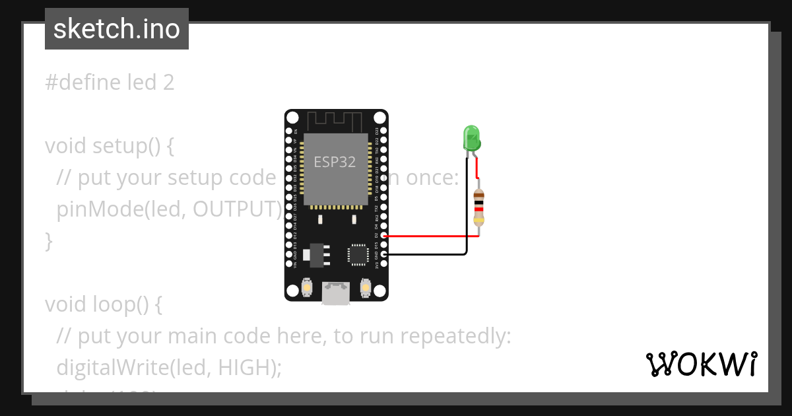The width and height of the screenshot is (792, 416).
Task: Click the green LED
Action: click(x=471, y=139)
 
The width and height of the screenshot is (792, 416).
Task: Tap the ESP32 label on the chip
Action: click(x=335, y=162)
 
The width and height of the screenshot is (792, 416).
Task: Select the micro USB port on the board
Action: click(x=336, y=293)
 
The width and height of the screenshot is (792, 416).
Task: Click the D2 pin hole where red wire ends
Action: click(x=384, y=235)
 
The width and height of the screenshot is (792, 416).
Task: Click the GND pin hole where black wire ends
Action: click(x=384, y=254)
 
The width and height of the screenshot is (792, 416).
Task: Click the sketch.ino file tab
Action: click(x=117, y=29)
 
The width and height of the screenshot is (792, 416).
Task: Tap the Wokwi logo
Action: click(x=701, y=364)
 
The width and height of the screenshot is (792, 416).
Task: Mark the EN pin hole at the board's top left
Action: click(x=288, y=131)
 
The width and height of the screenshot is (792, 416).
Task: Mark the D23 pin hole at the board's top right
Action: click(x=384, y=131)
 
